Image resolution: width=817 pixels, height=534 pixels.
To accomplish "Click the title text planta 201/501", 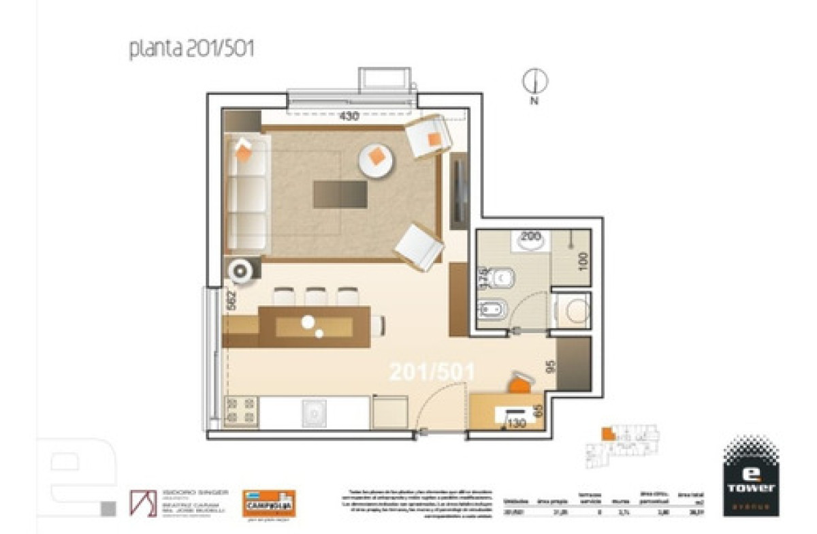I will [191, 50].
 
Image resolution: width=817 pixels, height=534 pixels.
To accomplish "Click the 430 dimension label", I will [349, 116].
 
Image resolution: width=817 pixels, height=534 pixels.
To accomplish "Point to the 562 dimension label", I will [231, 301].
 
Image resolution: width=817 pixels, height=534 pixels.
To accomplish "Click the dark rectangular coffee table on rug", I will [340, 195].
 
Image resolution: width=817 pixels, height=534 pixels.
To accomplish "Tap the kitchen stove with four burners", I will [241, 411].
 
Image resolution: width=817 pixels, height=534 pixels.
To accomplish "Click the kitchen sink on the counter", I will [315, 413].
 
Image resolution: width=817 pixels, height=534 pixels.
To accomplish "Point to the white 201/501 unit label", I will [432, 372].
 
